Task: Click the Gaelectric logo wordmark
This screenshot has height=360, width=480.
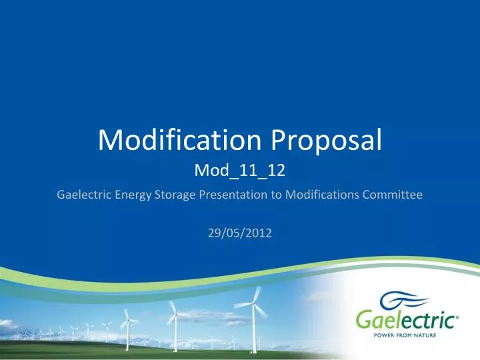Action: (415, 321)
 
